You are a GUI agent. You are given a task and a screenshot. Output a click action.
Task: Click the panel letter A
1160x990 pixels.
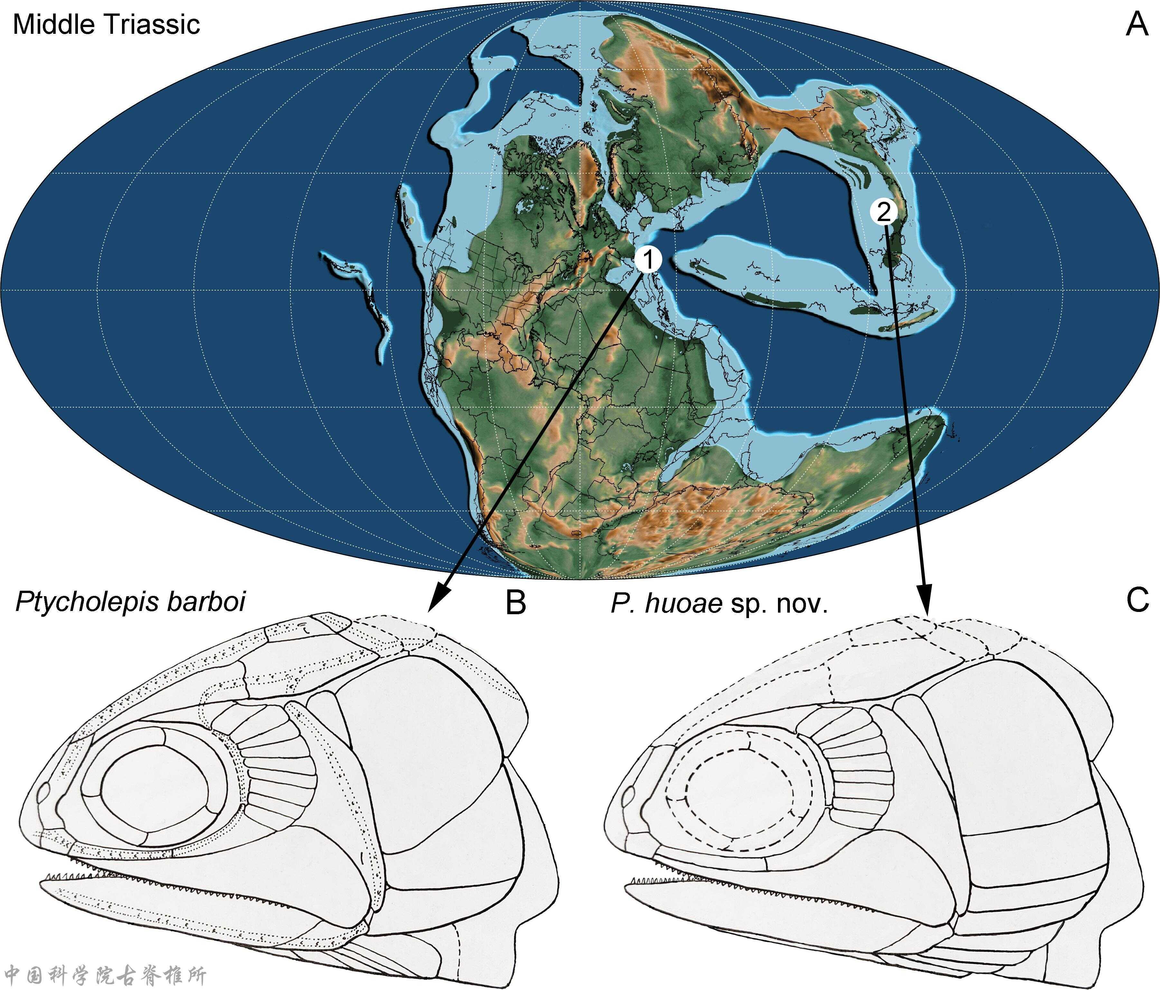click(x=1137, y=25)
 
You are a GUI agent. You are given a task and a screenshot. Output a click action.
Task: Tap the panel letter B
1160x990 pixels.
click(x=516, y=602)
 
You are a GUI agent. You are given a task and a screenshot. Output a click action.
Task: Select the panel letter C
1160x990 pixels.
click(x=1137, y=600)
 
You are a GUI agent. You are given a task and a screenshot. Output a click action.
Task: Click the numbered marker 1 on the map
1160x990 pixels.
click(x=648, y=259)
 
